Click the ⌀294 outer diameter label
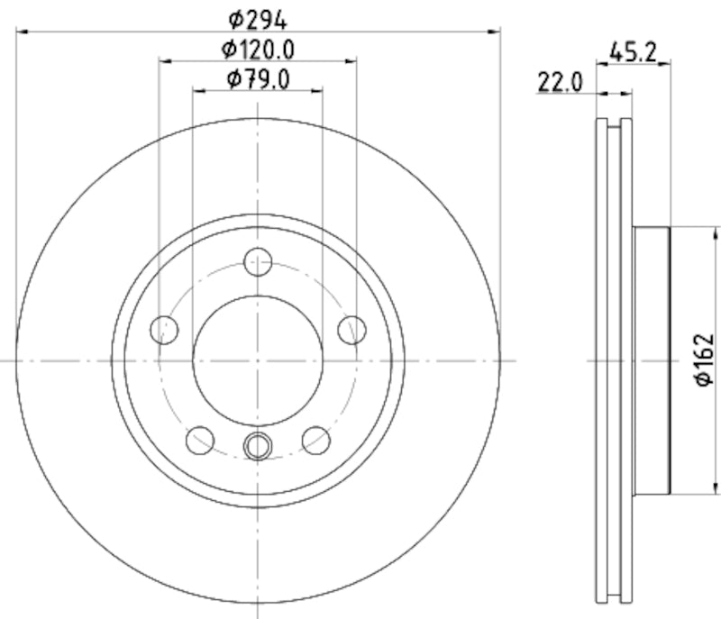pos(258,18)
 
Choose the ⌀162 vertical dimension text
pos(704,360)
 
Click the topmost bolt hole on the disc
pos(259,261)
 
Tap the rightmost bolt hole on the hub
pos(352,330)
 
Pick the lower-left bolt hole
pos(199,441)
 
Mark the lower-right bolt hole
pos(316,441)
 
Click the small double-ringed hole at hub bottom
pos(259,445)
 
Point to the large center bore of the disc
pos(259,360)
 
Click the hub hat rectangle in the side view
pos(652,360)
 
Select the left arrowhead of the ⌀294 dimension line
pos(22,32)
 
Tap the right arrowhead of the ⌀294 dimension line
pos(495,32)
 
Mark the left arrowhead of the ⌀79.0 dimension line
pos(197,90)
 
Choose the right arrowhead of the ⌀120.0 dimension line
pos(351,61)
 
